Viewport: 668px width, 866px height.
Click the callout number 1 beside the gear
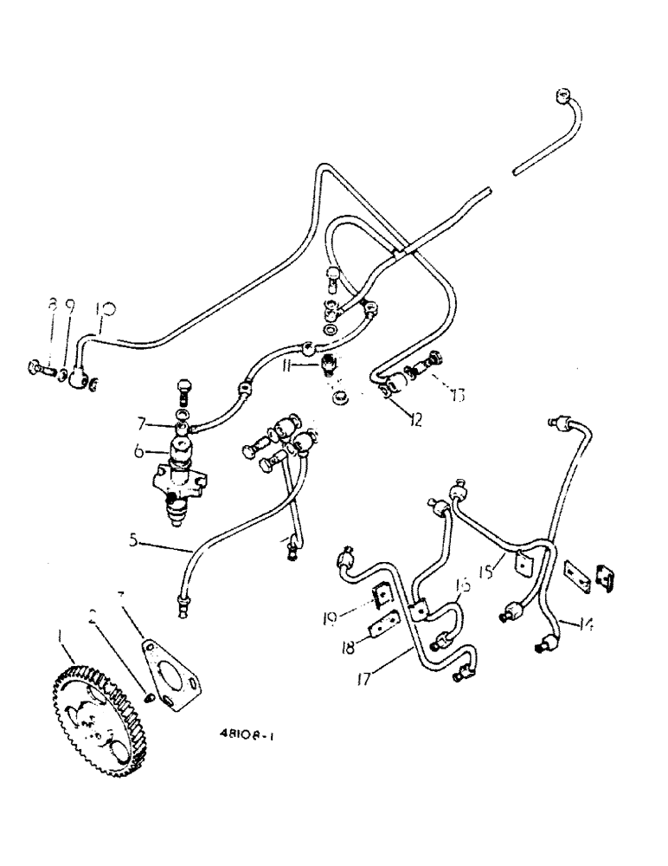61,636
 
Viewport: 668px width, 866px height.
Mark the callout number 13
453,396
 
